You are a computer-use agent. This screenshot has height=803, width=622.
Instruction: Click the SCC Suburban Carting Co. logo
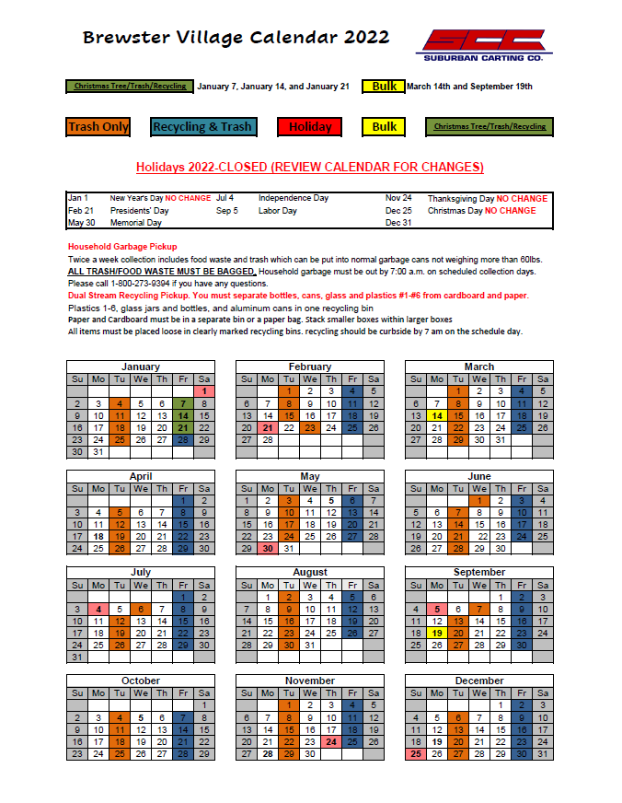(483, 44)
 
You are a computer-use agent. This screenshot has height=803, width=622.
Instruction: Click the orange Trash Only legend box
(98, 127)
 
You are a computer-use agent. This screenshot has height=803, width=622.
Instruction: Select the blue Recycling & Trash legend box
(202, 127)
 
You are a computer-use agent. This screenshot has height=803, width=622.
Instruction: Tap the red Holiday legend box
(310, 127)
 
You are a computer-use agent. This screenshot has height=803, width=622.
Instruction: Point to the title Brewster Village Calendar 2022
(236, 38)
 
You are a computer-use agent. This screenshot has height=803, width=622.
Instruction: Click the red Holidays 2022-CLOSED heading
(310, 167)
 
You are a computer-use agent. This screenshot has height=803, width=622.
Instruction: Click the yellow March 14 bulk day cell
(437, 415)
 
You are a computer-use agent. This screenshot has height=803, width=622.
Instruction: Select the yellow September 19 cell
(437, 633)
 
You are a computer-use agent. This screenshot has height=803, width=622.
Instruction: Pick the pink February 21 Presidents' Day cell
(268, 427)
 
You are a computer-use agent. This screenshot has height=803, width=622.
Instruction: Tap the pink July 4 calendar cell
(98, 609)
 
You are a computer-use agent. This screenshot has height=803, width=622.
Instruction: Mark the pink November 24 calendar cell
(331, 741)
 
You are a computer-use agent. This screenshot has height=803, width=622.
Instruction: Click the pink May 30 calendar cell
(268, 548)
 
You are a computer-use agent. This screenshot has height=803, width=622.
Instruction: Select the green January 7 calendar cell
(183, 403)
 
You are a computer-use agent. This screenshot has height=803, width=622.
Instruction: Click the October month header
(141, 681)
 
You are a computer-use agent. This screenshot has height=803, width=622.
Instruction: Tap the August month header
(310, 572)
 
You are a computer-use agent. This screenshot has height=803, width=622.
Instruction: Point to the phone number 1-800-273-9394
(130, 284)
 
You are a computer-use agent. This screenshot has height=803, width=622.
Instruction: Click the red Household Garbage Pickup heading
(122, 247)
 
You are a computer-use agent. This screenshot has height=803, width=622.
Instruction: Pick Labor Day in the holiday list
(277, 211)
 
